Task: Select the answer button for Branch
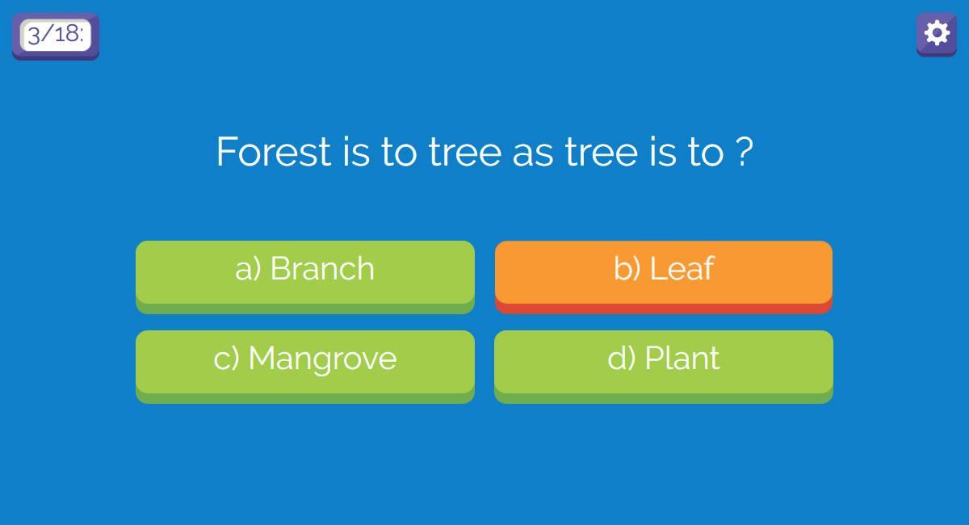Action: [305, 277]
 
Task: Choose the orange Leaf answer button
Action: [664, 277]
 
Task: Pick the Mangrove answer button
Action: [305, 367]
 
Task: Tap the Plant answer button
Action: [664, 367]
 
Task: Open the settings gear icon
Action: [937, 34]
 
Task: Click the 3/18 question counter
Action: [56, 36]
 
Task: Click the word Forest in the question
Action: [274, 152]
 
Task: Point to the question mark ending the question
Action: [744, 152]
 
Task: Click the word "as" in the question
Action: [533, 155]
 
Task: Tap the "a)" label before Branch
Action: [248, 268]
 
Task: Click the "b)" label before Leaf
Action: [627, 268]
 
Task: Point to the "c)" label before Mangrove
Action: [226, 359]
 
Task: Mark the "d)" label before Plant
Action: [622, 359]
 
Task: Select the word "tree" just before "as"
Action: [465, 153]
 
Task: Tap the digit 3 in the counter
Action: [34, 35]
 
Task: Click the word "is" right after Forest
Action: [356, 152]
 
